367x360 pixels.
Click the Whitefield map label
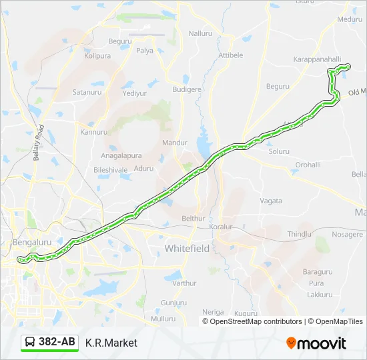point(187,249)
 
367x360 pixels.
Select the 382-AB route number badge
point(49,343)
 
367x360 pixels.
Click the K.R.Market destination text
point(111,343)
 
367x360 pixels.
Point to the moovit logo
point(316,343)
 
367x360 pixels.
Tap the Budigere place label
point(186,89)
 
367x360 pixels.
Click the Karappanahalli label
point(318,59)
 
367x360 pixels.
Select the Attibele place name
point(231,55)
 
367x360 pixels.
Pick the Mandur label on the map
point(175,143)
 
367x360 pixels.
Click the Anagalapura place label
point(121,155)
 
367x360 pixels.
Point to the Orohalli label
point(308,165)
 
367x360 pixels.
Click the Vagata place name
point(271,201)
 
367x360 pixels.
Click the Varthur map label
point(184,283)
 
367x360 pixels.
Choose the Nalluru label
point(200,33)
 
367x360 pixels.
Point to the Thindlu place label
point(299,234)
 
